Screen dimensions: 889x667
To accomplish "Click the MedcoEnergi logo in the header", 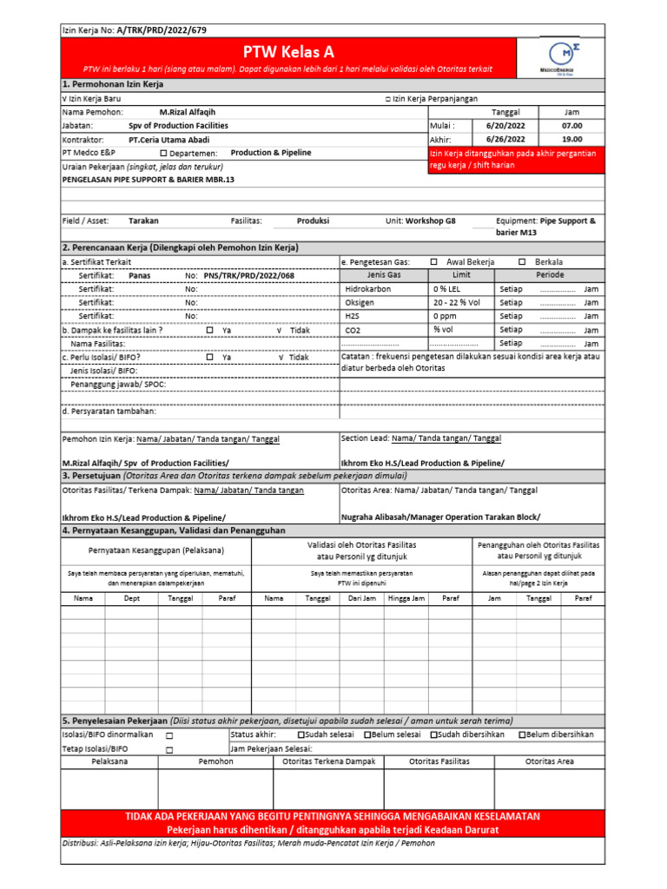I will (560, 59).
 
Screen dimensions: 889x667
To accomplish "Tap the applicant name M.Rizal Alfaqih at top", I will (188, 113).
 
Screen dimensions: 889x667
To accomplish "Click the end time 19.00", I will (571, 139).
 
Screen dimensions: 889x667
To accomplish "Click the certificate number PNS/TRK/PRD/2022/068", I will (248, 274).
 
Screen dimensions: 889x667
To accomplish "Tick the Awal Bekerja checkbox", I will (434, 261).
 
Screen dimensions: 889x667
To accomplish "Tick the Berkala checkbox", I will (521, 261).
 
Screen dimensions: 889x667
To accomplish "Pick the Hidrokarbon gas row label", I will (368, 288).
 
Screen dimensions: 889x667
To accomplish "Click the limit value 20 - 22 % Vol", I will (457, 302).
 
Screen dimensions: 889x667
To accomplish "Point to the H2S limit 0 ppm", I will (446, 316).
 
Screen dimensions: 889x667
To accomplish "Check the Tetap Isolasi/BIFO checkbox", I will (169, 748).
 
